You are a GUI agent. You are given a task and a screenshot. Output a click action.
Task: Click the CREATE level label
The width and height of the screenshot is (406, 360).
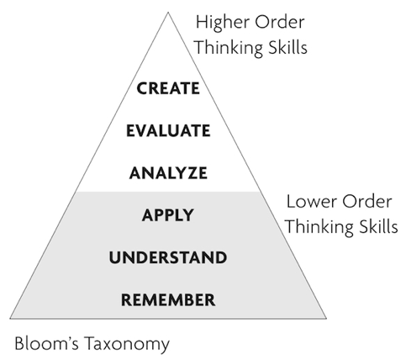click(168, 88)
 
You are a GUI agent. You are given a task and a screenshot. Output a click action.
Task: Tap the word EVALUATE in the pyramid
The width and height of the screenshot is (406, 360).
click(168, 130)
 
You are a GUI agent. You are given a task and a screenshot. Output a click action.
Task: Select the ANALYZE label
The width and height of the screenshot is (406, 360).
click(168, 172)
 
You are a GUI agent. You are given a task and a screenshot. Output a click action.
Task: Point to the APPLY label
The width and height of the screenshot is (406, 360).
click(168, 215)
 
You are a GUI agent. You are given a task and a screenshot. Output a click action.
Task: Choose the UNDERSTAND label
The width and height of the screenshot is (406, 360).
click(168, 257)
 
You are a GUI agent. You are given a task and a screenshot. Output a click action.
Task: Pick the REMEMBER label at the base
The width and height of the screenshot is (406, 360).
click(168, 299)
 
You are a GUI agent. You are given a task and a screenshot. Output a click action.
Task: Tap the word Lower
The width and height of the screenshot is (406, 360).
click(311, 202)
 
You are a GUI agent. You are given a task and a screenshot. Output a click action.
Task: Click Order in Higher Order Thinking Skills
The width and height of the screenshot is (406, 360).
click(280, 22)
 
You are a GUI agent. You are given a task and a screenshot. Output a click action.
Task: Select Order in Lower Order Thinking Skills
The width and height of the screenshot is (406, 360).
click(367, 202)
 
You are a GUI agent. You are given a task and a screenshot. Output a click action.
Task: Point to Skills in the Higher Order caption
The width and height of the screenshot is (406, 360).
click(287, 47)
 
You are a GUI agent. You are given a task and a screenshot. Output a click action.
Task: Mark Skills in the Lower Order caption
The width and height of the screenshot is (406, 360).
click(378, 226)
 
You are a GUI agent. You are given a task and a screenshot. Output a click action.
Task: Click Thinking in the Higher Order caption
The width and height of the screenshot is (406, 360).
click(229, 48)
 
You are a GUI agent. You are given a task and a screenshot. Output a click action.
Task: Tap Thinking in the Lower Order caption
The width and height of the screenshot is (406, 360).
click(319, 227)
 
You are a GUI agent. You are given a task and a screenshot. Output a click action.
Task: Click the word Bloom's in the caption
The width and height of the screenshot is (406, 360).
click(46, 343)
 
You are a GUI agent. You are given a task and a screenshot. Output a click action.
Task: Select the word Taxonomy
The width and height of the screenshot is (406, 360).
click(127, 344)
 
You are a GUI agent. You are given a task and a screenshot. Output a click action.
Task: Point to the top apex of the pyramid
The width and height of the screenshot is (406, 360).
click(168, 12)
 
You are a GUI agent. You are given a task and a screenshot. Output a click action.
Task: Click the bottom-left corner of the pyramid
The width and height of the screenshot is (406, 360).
click(10, 319)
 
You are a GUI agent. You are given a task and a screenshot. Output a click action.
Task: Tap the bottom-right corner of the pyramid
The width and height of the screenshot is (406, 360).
click(326, 319)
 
